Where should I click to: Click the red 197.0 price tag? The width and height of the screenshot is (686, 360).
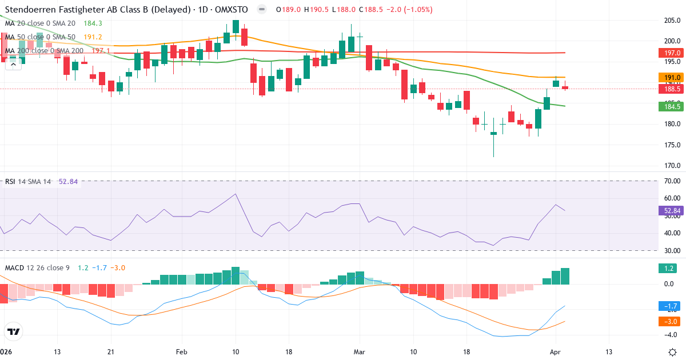pyautogui.click(x=668, y=53)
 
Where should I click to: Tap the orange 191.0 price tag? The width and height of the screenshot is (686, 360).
pyautogui.click(x=668, y=78)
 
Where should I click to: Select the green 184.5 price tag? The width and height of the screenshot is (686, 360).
pyautogui.click(x=668, y=106)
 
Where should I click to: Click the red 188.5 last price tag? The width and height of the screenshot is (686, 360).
pyautogui.click(x=668, y=89)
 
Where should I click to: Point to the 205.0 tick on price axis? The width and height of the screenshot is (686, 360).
pyautogui.click(x=672, y=20)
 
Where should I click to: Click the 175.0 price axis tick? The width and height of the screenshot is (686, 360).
pyautogui.click(x=672, y=145)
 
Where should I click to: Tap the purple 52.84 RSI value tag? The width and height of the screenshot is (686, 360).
pyautogui.click(x=668, y=210)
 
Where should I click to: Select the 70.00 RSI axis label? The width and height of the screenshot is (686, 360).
pyautogui.click(x=672, y=181)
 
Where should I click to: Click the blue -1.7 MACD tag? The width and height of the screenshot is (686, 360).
pyautogui.click(x=668, y=306)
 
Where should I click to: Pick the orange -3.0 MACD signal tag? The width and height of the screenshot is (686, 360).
pyautogui.click(x=668, y=321)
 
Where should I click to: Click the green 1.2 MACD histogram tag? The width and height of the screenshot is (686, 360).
pyautogui.click(x=668, y=268)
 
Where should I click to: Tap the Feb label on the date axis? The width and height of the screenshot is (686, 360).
pyautogui.click(x=182, y=351)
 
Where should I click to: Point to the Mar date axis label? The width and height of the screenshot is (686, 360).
pyautogui.click(x=359, y=351)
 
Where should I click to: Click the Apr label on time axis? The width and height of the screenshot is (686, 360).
pyautogui.click(x=555, y=351)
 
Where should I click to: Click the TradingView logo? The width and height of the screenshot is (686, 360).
pyautogui.click(x=14, y=331)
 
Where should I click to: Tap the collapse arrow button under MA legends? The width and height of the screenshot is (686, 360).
pyautogui.click(x=13, y=65)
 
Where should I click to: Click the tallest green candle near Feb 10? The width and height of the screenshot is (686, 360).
pyautogui.click(x=236, y=26)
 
